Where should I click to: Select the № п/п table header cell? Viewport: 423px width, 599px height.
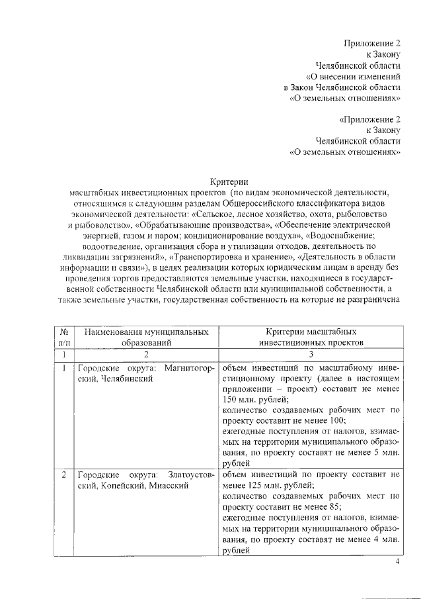[64, 336]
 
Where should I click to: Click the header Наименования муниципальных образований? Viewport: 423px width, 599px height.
[146, 336]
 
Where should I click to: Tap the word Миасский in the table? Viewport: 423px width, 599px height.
[169, 485]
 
